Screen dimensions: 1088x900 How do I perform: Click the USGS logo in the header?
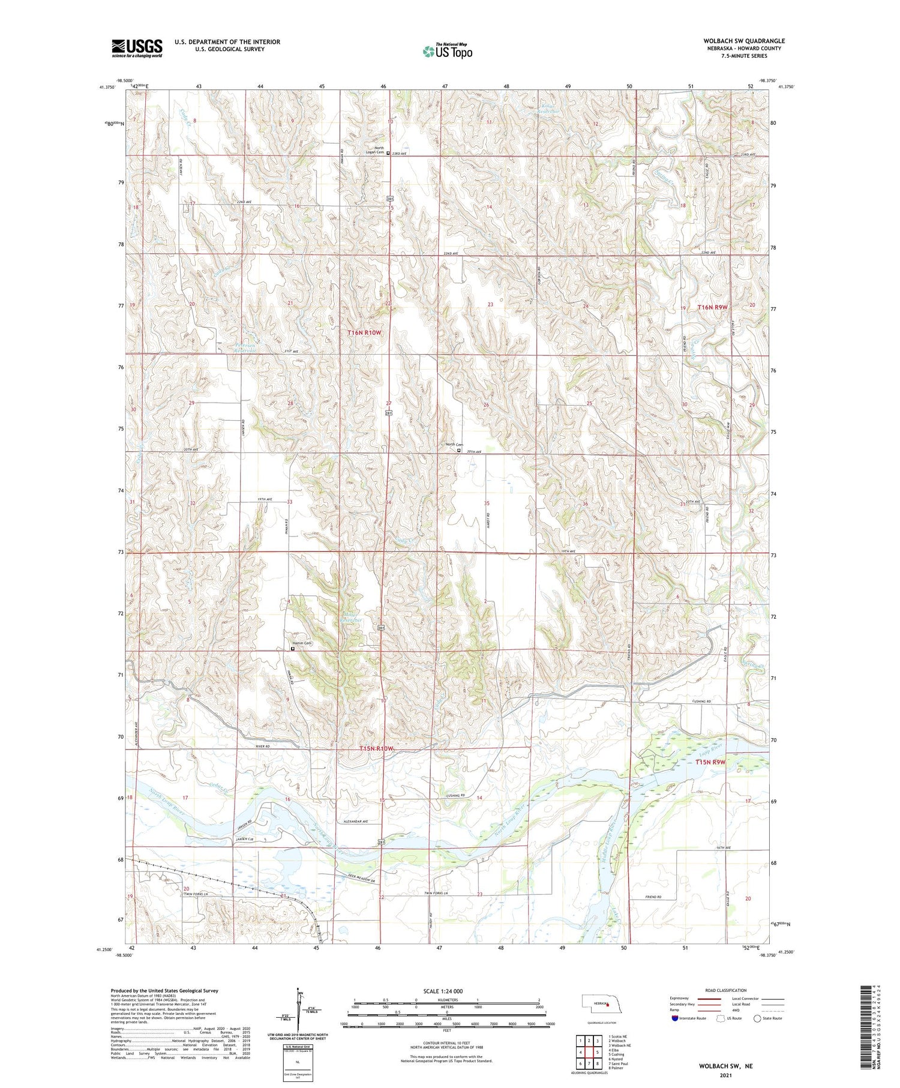tap(137, 48)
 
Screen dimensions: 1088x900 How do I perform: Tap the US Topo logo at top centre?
tap(447, 51)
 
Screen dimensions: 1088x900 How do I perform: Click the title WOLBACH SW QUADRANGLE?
tap(744, 41)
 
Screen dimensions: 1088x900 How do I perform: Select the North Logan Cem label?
tap(374, 150)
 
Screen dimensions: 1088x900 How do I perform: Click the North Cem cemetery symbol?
tap(459, 450)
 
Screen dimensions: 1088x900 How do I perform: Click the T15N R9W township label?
tap(710, 762)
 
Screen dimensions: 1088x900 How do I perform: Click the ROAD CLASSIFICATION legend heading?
tap(725, 990)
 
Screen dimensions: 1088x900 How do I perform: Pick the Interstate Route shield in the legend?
tap(676, 1018)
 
